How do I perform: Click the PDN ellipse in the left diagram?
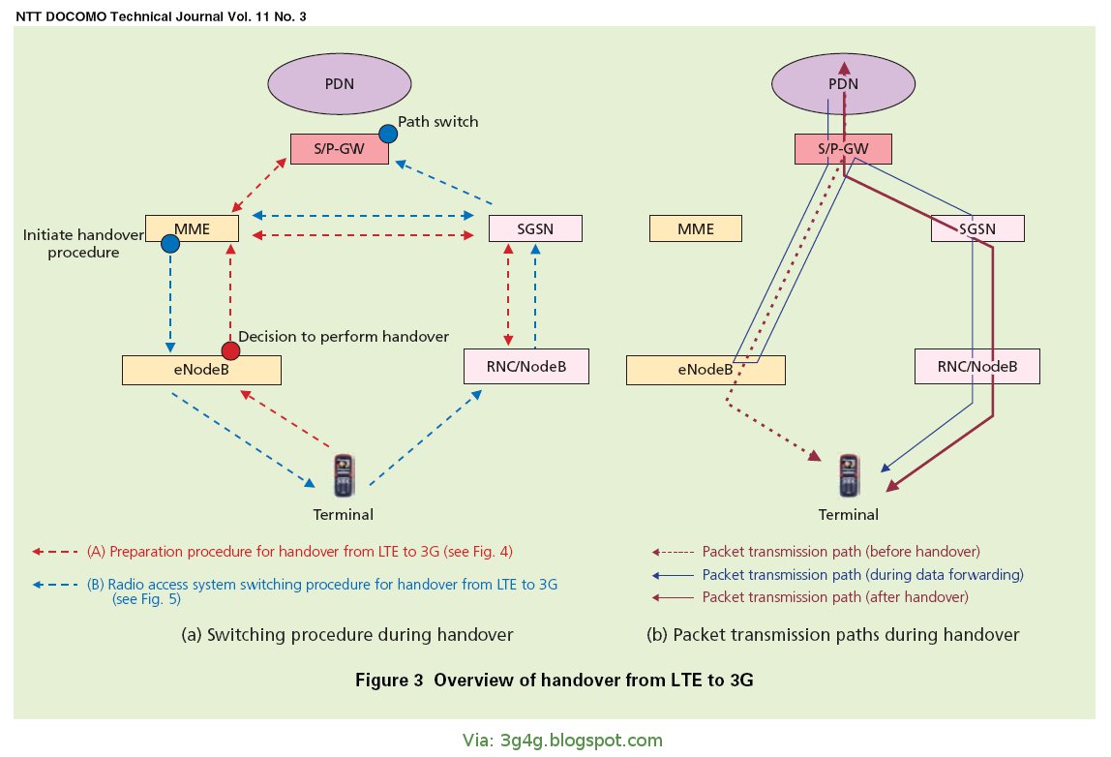339,83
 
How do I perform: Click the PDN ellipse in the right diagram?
842,83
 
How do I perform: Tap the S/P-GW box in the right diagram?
842,148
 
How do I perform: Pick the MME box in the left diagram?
192,228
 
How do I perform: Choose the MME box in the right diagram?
695,228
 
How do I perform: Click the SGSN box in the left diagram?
535,228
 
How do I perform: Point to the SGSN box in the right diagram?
976,228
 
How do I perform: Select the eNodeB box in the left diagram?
201,369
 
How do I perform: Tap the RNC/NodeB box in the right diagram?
977,366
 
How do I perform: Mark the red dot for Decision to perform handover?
230,349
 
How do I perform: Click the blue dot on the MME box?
170,245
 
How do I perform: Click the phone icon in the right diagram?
850,475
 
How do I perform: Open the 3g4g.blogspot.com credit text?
562,741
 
